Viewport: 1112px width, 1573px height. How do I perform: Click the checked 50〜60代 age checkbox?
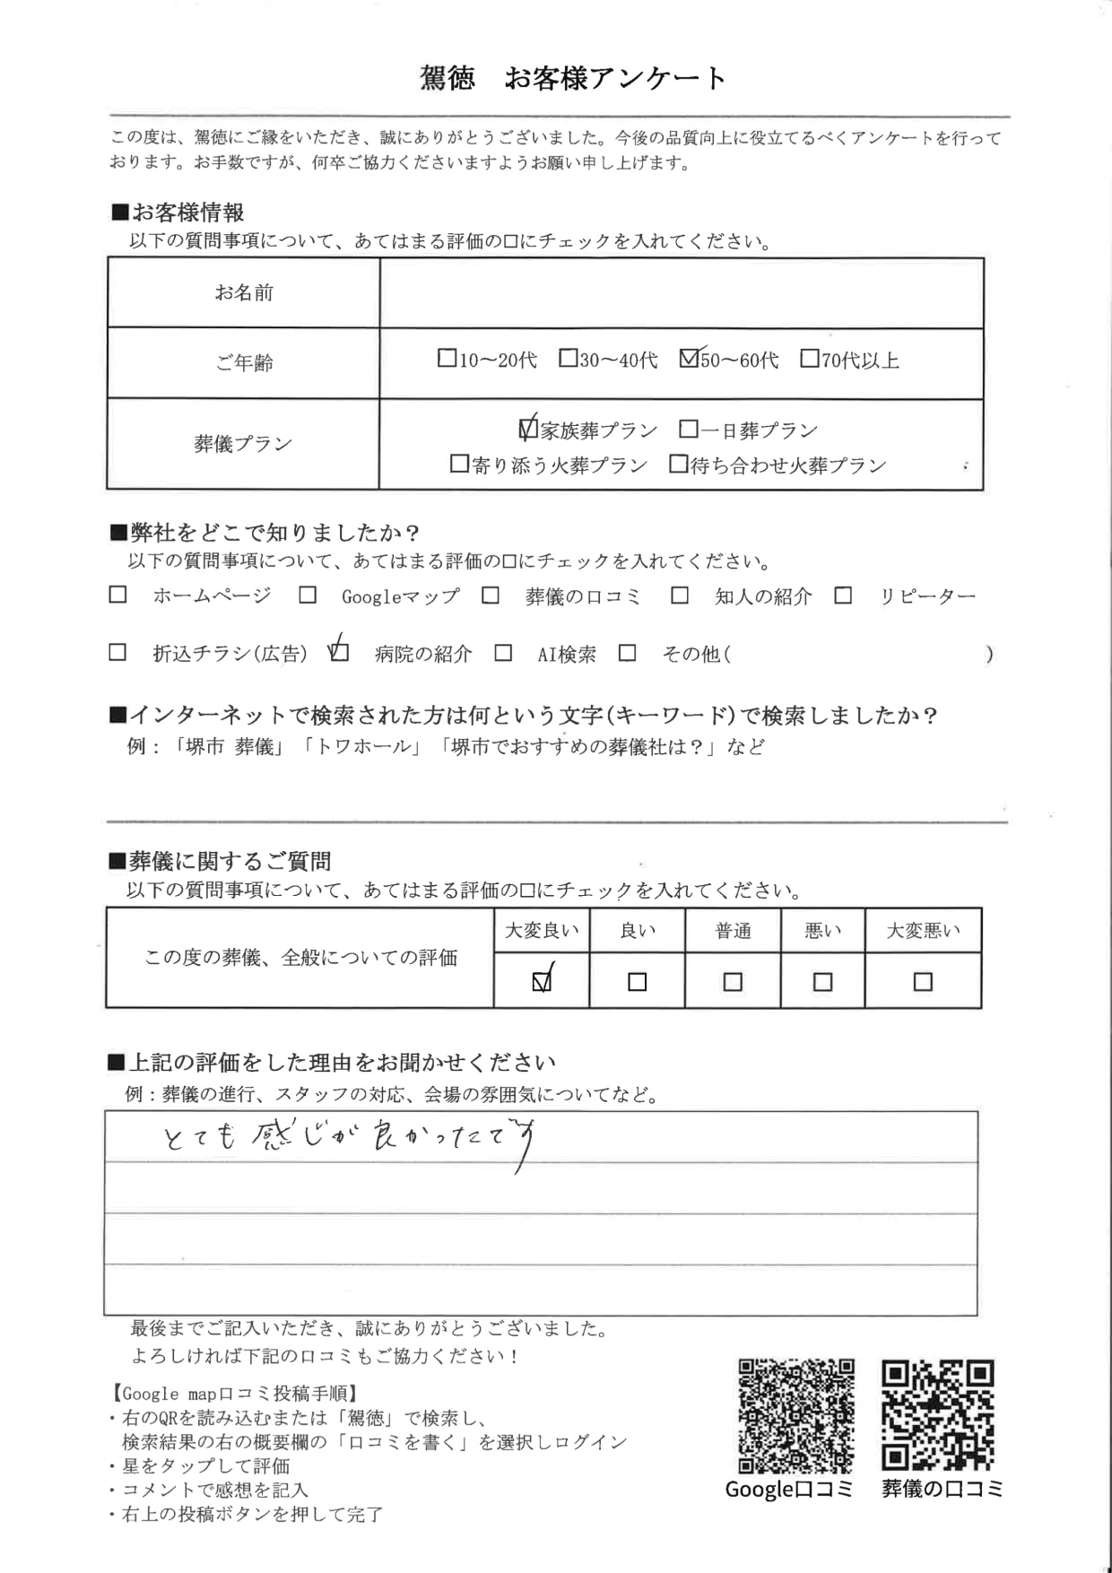(690, 359)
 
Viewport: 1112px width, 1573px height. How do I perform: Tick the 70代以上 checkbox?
(809, 359)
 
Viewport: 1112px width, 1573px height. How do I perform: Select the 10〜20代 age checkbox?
(447, 359)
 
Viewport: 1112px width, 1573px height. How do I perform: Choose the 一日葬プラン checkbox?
(688, 430)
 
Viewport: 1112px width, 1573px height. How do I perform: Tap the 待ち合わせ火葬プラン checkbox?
(679, 465)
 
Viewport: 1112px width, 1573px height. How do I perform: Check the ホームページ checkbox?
(117, 595)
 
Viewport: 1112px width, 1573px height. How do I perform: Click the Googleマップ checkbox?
(308, 595)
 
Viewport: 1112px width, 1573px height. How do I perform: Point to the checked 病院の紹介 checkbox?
(339, 652)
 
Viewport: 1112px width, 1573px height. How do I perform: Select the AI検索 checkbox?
(503, 653)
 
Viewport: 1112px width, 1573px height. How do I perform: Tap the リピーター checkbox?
(843, 595)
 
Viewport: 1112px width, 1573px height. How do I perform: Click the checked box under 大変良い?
(542, 982)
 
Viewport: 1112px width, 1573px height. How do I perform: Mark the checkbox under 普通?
(733, 982)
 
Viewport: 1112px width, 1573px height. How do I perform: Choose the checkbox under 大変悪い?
(923, 982)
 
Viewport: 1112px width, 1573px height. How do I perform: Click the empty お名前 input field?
(682, 293)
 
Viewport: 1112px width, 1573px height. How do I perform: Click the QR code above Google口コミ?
(795, 1416)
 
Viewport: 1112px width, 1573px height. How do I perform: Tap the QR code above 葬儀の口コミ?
(938, 1416)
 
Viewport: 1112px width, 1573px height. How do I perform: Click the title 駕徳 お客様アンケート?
(573, 79)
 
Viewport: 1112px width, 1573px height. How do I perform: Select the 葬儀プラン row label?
(243, 444)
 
